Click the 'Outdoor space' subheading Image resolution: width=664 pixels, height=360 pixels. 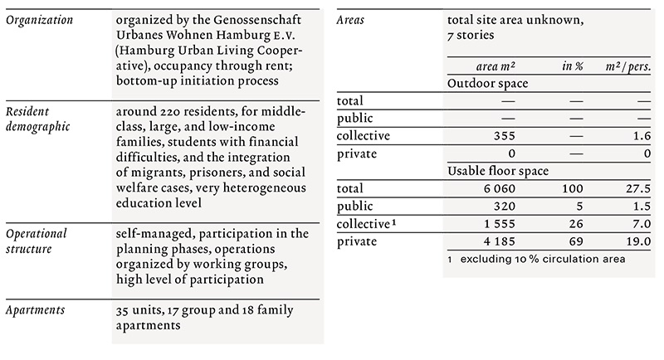tap(488, 84)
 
